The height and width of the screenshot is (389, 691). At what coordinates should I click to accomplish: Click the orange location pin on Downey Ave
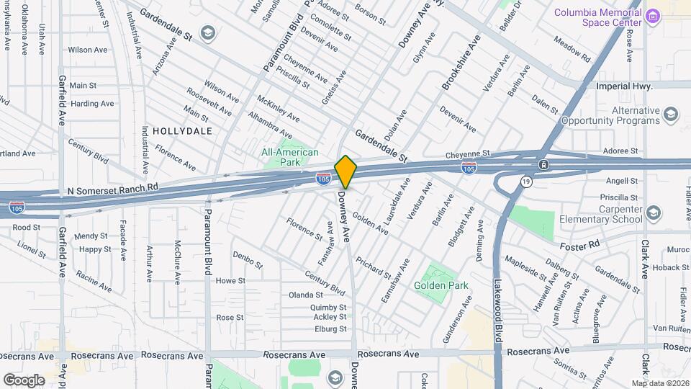[345, 172]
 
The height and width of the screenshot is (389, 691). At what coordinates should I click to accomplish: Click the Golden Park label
[441, 285]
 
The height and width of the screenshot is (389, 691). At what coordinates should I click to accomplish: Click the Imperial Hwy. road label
[625, 85]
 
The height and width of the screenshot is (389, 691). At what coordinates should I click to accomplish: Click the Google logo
[24, 380]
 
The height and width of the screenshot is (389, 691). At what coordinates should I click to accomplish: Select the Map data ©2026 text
[660, 383]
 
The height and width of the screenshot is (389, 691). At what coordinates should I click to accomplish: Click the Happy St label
[95, 249]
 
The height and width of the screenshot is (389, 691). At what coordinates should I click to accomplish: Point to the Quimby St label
[329, 307]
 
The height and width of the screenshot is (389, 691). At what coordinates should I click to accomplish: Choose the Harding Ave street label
[92, 104]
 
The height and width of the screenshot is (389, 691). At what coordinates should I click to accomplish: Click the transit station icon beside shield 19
[544, 165]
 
